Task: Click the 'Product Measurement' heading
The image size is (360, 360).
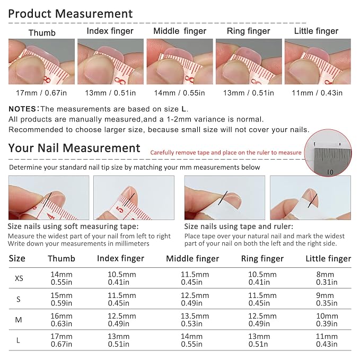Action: [x=71, y=14]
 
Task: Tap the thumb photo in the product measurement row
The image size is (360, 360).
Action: [x=41, y=62]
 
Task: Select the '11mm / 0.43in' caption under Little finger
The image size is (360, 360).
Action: [x=317, y=93]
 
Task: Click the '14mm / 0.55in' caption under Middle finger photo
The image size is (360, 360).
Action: [x=179, y=93]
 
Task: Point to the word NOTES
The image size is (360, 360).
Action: [x=22, y=109]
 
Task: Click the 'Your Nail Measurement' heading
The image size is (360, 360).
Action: [x=74, y=148]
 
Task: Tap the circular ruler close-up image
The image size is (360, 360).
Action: [x=328, y=153]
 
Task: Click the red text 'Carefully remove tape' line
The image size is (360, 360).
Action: [x=226, y=153]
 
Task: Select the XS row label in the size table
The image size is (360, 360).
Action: [x=19, y=278]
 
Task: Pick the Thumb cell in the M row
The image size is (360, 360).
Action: [x=62, y=320]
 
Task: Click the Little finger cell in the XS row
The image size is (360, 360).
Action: [x=327, y=278]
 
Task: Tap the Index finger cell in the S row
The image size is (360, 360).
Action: [x=122, y=299]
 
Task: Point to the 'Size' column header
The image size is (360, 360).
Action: [x=17, y=259]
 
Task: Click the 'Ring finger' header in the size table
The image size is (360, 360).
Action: [x=262, y=259]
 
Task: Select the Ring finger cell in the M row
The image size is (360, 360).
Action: [x=262, y=320]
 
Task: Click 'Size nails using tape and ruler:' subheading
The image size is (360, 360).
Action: [x=239, y=226]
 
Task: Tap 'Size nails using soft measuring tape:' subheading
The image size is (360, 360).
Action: [x=73, y=226]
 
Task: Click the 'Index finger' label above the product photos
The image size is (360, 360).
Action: [x=110, y=31]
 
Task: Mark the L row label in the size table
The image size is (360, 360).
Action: [x=18, y=340]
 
